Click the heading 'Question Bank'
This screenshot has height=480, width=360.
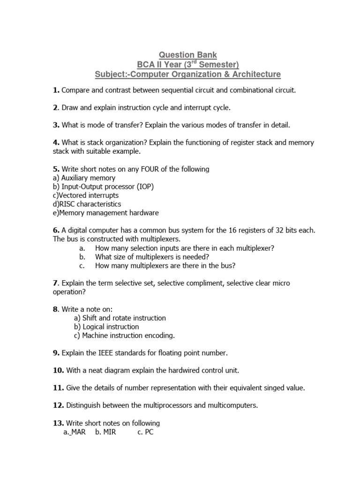(187, 55)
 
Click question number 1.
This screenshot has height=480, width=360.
(56, 90)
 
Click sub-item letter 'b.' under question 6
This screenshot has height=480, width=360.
(82, 256)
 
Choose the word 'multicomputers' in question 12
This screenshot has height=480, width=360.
(233, 405)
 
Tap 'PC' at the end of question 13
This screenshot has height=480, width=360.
(149, 432)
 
